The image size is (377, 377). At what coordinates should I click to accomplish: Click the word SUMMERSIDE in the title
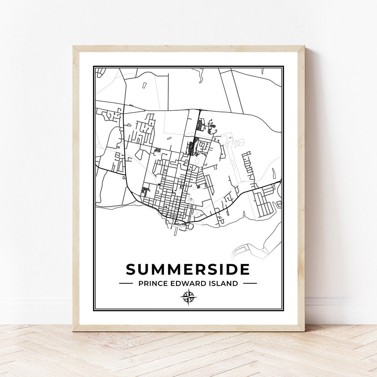pyautogui.click(x=188, y=269)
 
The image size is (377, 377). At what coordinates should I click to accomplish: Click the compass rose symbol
pyautogui.click(x=188, y=297)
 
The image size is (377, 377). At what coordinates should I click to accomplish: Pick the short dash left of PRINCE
pyautogui.click(x=126, y=283)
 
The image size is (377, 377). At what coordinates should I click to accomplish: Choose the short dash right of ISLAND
pyautogui.click(x=250, y=283)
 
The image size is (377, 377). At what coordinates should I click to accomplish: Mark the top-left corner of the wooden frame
pyautogui.click(x=73, y=46)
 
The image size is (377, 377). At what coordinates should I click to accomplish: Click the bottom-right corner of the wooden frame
pyautogui.click(x=304, y=331)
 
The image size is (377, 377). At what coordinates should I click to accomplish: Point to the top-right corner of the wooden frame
pyautogui.click(x=304, y=46)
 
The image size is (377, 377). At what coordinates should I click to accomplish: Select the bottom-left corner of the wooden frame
pyautogui.click(x=73, y=331)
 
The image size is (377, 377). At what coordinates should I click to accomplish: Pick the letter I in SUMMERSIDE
pyautogui.click(x=222, y=269)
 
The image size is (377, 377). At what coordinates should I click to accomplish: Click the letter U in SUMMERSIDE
pyautogui.click(x=143, y=269)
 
